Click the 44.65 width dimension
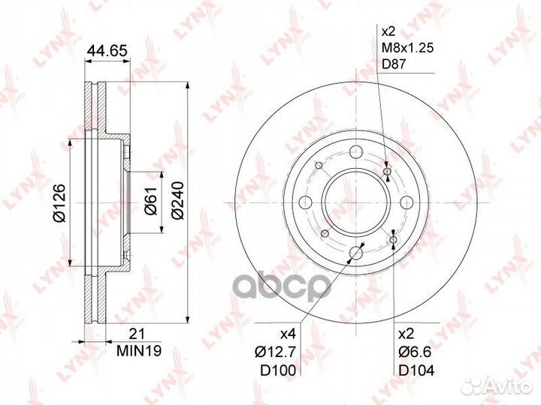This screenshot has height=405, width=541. point(107,51)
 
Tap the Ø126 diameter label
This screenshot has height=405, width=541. point(59,202)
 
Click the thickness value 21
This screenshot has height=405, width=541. point(137,334)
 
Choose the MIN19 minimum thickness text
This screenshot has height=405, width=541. point(139,350)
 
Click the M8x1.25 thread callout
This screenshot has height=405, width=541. point(407,48)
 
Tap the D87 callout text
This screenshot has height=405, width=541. point(394,64)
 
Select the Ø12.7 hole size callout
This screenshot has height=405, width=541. point(275,352)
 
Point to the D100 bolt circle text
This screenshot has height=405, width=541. point(278,370)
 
